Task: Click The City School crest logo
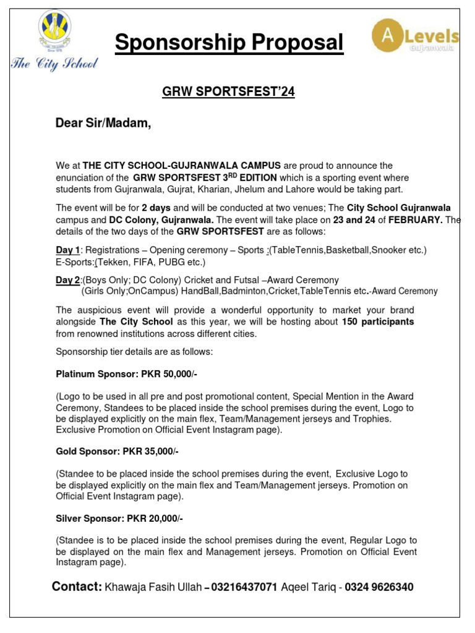point(54,33)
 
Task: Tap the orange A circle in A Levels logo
point(388,35)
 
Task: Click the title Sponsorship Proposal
point(229,43)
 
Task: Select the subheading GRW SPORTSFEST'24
point(228,92)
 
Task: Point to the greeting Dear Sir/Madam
point(103,124)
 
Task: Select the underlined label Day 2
point(68,280)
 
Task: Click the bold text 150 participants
point(378,322)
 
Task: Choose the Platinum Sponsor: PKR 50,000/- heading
point(127,375)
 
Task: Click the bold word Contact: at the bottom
point(77,587)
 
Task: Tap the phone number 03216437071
point(244,587)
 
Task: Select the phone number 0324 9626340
point(379,587)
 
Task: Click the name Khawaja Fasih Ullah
point(154,587)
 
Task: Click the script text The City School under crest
point(54,64)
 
